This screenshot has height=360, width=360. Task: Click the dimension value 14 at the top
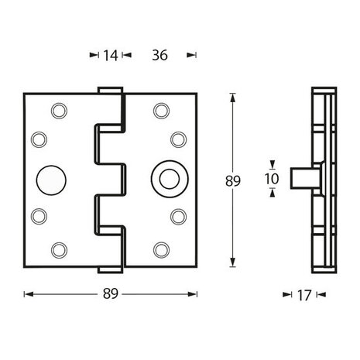[x=110, y=55]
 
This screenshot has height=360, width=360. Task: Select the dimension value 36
[x=161, y=55]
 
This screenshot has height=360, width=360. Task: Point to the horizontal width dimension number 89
[x=111, y=293]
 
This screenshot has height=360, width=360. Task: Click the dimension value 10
[x=270, y=178]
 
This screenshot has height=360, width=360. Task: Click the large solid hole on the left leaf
[x=52, y=180]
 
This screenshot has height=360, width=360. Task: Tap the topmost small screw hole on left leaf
[x=58, y=111]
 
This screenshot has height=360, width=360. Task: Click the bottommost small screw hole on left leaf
[x=58, y=249]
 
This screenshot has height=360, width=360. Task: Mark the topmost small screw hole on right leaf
[x=161, y=111]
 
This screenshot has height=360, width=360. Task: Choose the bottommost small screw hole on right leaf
[x=161, y=249]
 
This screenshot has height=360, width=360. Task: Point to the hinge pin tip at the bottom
[x=111, y=270]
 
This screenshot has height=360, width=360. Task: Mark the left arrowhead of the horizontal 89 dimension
[x=27, y=294]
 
